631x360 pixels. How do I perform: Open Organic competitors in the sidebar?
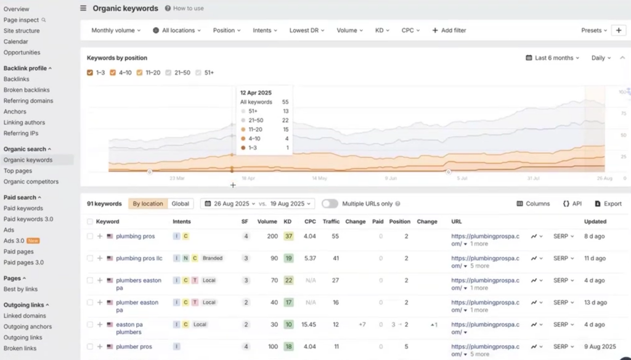coord(31,182)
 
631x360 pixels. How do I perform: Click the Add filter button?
coord(449,30)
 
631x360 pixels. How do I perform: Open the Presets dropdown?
coord(593,30)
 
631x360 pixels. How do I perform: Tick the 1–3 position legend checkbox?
coord(91,73)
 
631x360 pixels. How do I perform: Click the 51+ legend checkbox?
coord(198,73)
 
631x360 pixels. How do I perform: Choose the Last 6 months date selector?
coord(553,58)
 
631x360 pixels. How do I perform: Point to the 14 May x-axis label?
coord(319,178)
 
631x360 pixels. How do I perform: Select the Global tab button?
coord(180,203)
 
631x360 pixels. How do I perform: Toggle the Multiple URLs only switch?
coord(330,203)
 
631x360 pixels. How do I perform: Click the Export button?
coord(608,203)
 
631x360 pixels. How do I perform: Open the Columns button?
coord(533,203)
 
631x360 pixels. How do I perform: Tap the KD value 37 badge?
coord(288,236)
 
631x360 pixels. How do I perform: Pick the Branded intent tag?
coord(213,258)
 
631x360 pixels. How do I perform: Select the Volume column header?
coord(267,221)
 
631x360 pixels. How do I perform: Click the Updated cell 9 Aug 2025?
coord(599,346)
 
